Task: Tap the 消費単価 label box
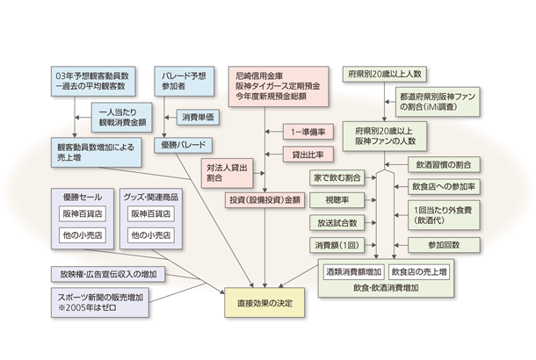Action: (199, 117)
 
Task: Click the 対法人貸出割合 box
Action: (227, 172)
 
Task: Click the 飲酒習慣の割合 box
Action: (443, 164)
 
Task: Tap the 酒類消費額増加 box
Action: (352, 271)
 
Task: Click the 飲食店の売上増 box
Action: (419, 271)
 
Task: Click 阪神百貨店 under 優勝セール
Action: (82, 213)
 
